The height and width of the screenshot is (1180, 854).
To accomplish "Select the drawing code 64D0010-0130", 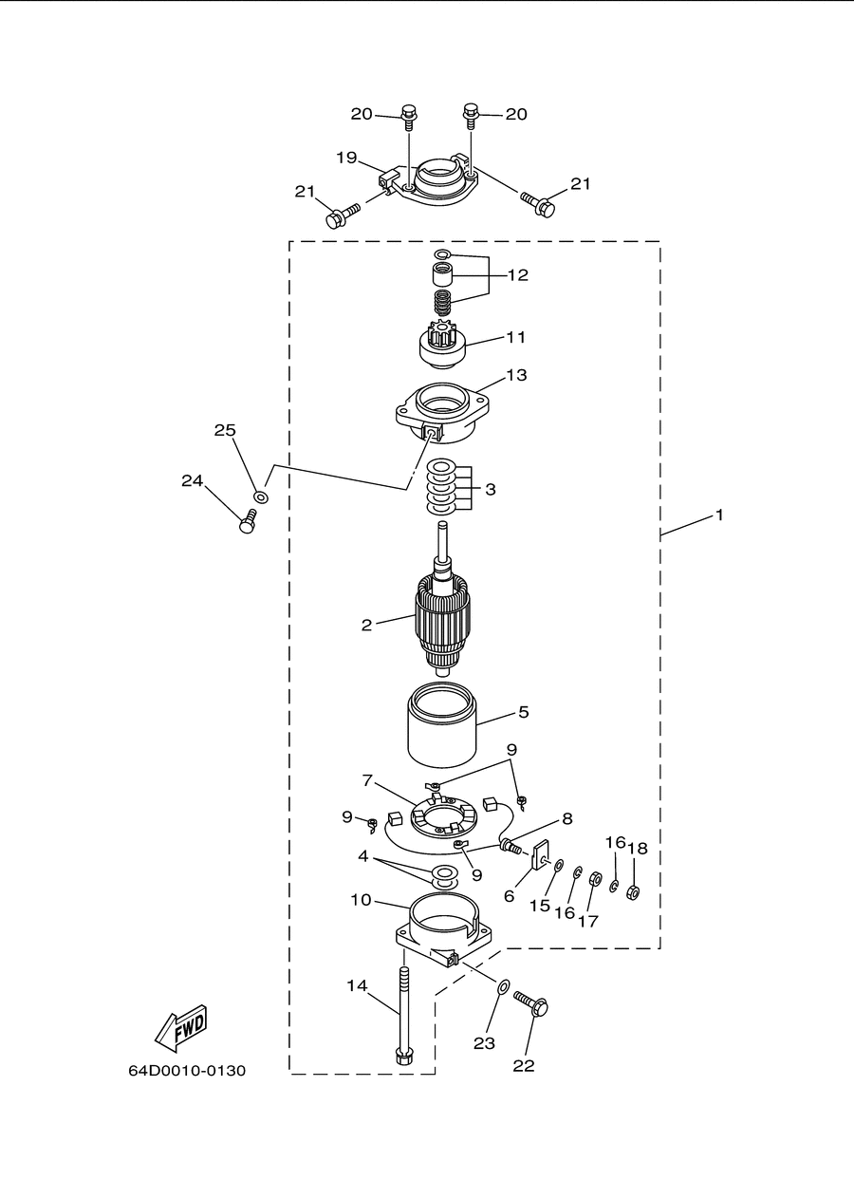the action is coord(187,1071).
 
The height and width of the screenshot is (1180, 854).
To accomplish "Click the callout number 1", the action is coord(719,515).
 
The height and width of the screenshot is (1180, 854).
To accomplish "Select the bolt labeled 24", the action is coord(248,521).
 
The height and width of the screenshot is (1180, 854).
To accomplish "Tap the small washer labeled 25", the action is coord(261,496).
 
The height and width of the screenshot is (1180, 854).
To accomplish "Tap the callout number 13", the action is coord(516,375).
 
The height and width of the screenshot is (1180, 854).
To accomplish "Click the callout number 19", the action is coord(347,157).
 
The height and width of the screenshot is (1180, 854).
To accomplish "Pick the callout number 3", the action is coord(491,490).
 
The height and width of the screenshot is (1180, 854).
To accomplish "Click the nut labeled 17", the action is coord(594,878).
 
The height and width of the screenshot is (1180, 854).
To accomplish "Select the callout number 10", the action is coord(362,900).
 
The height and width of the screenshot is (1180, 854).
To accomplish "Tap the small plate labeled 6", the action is coord(539,856).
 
